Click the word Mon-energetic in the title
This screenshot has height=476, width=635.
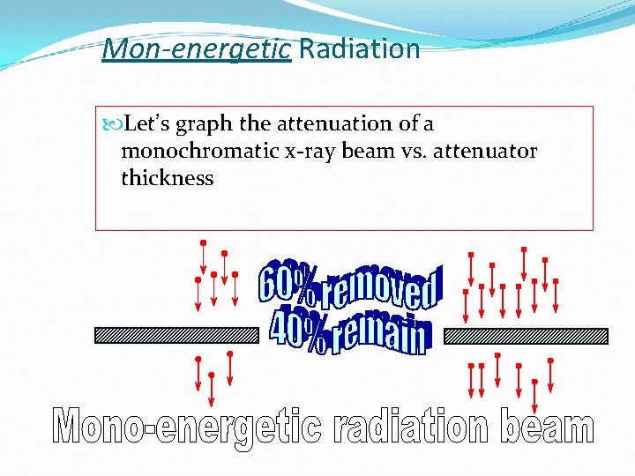196,48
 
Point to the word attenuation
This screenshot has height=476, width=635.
345,124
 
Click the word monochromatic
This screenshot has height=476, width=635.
201,151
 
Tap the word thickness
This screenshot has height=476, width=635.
168,178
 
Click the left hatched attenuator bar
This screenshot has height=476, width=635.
175,336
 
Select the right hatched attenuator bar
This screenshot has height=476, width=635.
526,336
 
